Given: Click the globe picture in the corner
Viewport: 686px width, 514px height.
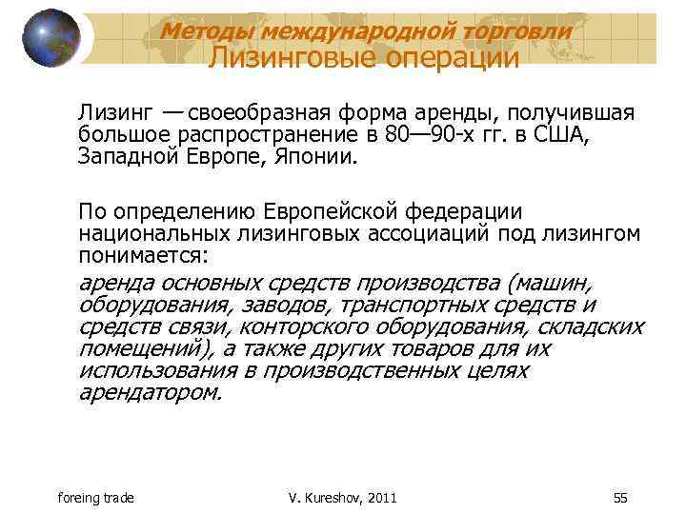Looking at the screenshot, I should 51,38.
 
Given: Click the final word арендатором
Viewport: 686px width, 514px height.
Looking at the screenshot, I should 150,391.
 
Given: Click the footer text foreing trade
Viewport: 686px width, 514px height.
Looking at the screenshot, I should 94,498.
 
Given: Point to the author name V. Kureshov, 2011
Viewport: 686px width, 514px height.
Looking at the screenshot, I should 342,498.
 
